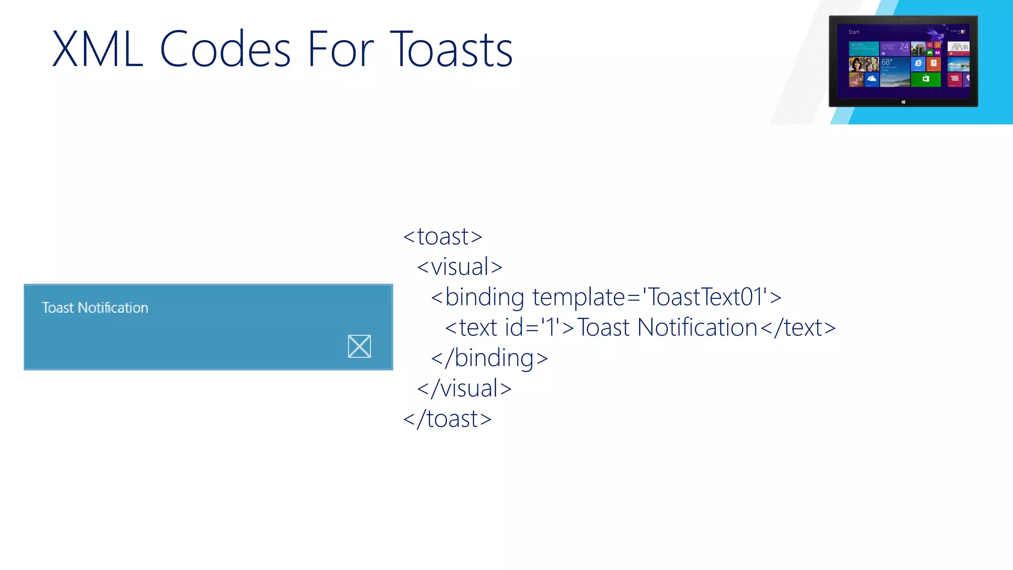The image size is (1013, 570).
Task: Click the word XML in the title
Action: point(97,49)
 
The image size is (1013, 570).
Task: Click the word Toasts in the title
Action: point(451,49)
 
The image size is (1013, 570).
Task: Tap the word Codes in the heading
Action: point(225,49)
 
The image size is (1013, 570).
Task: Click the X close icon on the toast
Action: point(359,346)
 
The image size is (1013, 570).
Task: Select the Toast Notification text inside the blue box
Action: point(95,308)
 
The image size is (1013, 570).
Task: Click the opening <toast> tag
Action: point(442,237)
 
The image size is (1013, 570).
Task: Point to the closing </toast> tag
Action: point(447,419)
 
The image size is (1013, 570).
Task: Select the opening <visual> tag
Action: point(460,267)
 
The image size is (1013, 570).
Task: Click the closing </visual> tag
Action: point(464,388)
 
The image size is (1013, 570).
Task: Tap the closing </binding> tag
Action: point(489,358)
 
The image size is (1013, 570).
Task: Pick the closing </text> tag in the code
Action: point(797,328)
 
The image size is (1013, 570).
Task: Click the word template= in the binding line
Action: point(586,297)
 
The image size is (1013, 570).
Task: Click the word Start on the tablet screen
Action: point(854,32)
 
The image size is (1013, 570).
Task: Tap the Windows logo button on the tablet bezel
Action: point(903,102)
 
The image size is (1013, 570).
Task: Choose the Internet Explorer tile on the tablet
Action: point(918,64)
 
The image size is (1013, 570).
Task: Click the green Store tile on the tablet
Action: point(925,79)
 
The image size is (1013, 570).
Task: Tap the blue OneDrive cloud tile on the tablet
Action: point(872,79)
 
